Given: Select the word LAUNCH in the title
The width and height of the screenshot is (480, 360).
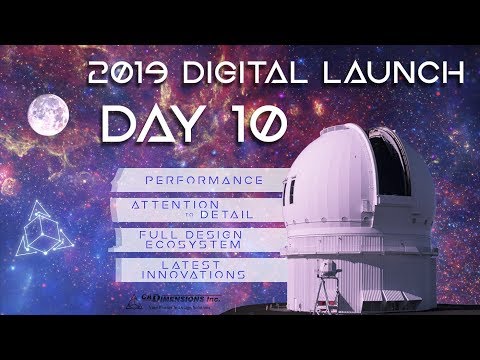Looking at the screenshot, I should click(401, 73).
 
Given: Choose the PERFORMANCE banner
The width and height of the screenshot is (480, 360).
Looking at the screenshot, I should click(189, 180).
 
